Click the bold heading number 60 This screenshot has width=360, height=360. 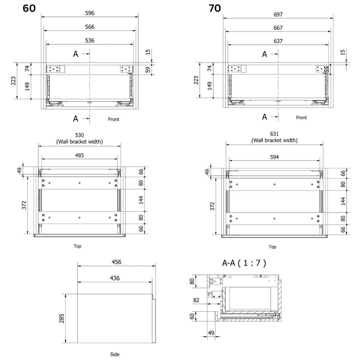(29, 8)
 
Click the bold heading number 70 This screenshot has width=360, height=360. (214, 8)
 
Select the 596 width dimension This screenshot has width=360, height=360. (90, 13)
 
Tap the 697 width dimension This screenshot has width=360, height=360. (278, 14)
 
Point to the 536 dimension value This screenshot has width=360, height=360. (90, 41)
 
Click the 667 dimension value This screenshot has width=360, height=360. (278, 28)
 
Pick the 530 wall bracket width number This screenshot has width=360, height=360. (79, 135)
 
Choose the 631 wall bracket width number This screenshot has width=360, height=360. (274, 134)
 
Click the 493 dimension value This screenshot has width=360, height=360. (79, 156)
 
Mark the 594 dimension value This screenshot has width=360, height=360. (274, 157)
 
